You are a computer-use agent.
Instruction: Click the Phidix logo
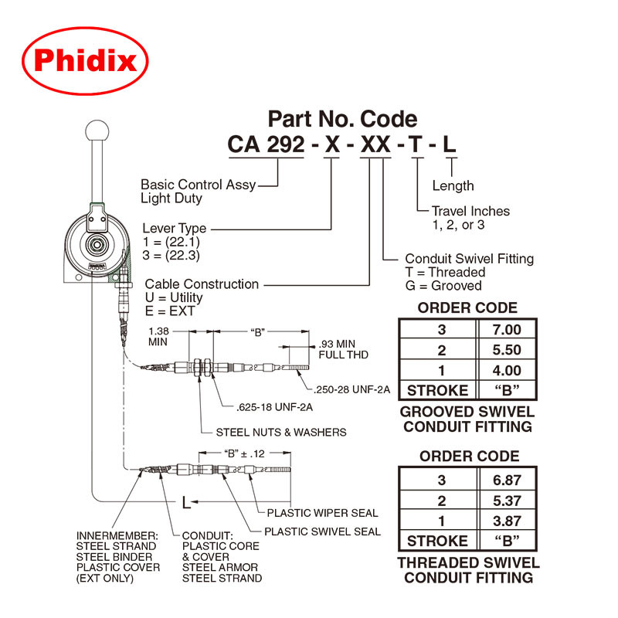[x=85, y=61]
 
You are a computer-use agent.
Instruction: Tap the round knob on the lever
[x=98, y=130]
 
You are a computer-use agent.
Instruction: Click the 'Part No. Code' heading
[x=342, y=119]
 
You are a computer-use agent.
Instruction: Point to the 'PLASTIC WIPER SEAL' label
[x=322, y=513]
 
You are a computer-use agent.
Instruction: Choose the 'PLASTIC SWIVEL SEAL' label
[x=322, y=531]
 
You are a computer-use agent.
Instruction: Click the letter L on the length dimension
[x=186, y=503]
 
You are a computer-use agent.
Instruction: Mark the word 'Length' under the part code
[x=453, y=185]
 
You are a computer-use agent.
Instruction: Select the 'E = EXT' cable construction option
[x=171, y=311]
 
